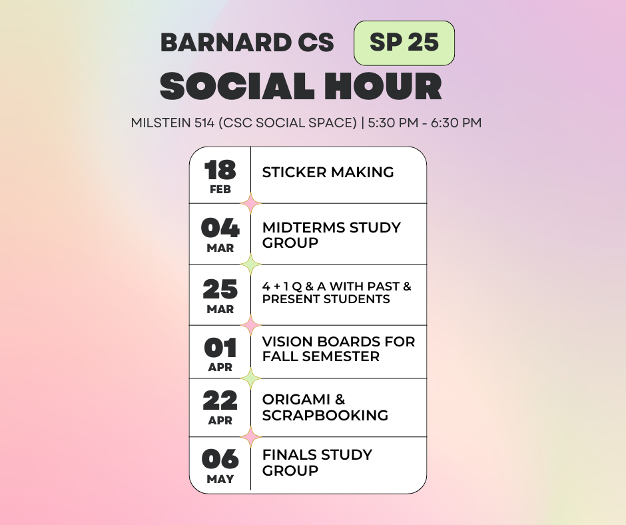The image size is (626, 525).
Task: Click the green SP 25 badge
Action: pyautogui.click(x=404, y=43)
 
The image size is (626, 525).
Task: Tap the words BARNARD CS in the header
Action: pyautogui.click(x=247, y=43)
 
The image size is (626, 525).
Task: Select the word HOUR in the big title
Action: pyautogui.click(x=384, y=87)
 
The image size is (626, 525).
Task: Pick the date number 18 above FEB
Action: pyautogui.click(x=220, y=171)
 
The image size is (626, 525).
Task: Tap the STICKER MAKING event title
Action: pyautogui.click(x=328, y=172)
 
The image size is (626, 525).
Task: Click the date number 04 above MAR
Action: pyautogui.click(x=220, y=229)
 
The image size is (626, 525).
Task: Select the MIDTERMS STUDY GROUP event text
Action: pyautogui.click(x=331, y=235)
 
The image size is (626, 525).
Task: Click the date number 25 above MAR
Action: pyautogui.click(x=220, y=289)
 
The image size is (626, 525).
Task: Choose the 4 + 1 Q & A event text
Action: pyautogui.click(x=336, y=292)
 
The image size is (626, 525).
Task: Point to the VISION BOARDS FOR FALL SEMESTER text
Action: pyautogui.click(x=338, y=349)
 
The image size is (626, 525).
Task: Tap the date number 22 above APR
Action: pyautogui.click(x=220, y=400)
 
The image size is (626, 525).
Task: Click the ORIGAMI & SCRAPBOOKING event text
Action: pyautogui.click(x=325, y=407)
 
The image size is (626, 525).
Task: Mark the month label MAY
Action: pyautogui.click(x=220, y=479)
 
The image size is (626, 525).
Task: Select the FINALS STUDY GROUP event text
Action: pyautogui.click(x=317, y=462)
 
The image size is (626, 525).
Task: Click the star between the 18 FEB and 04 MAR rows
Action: pyautogui.click(x=251, y=203)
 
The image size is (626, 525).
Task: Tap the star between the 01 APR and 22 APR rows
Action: pyautogui.click(x=251, y=378)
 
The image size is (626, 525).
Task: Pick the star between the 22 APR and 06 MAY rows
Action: pyautogui.click(x=251, y=437)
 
